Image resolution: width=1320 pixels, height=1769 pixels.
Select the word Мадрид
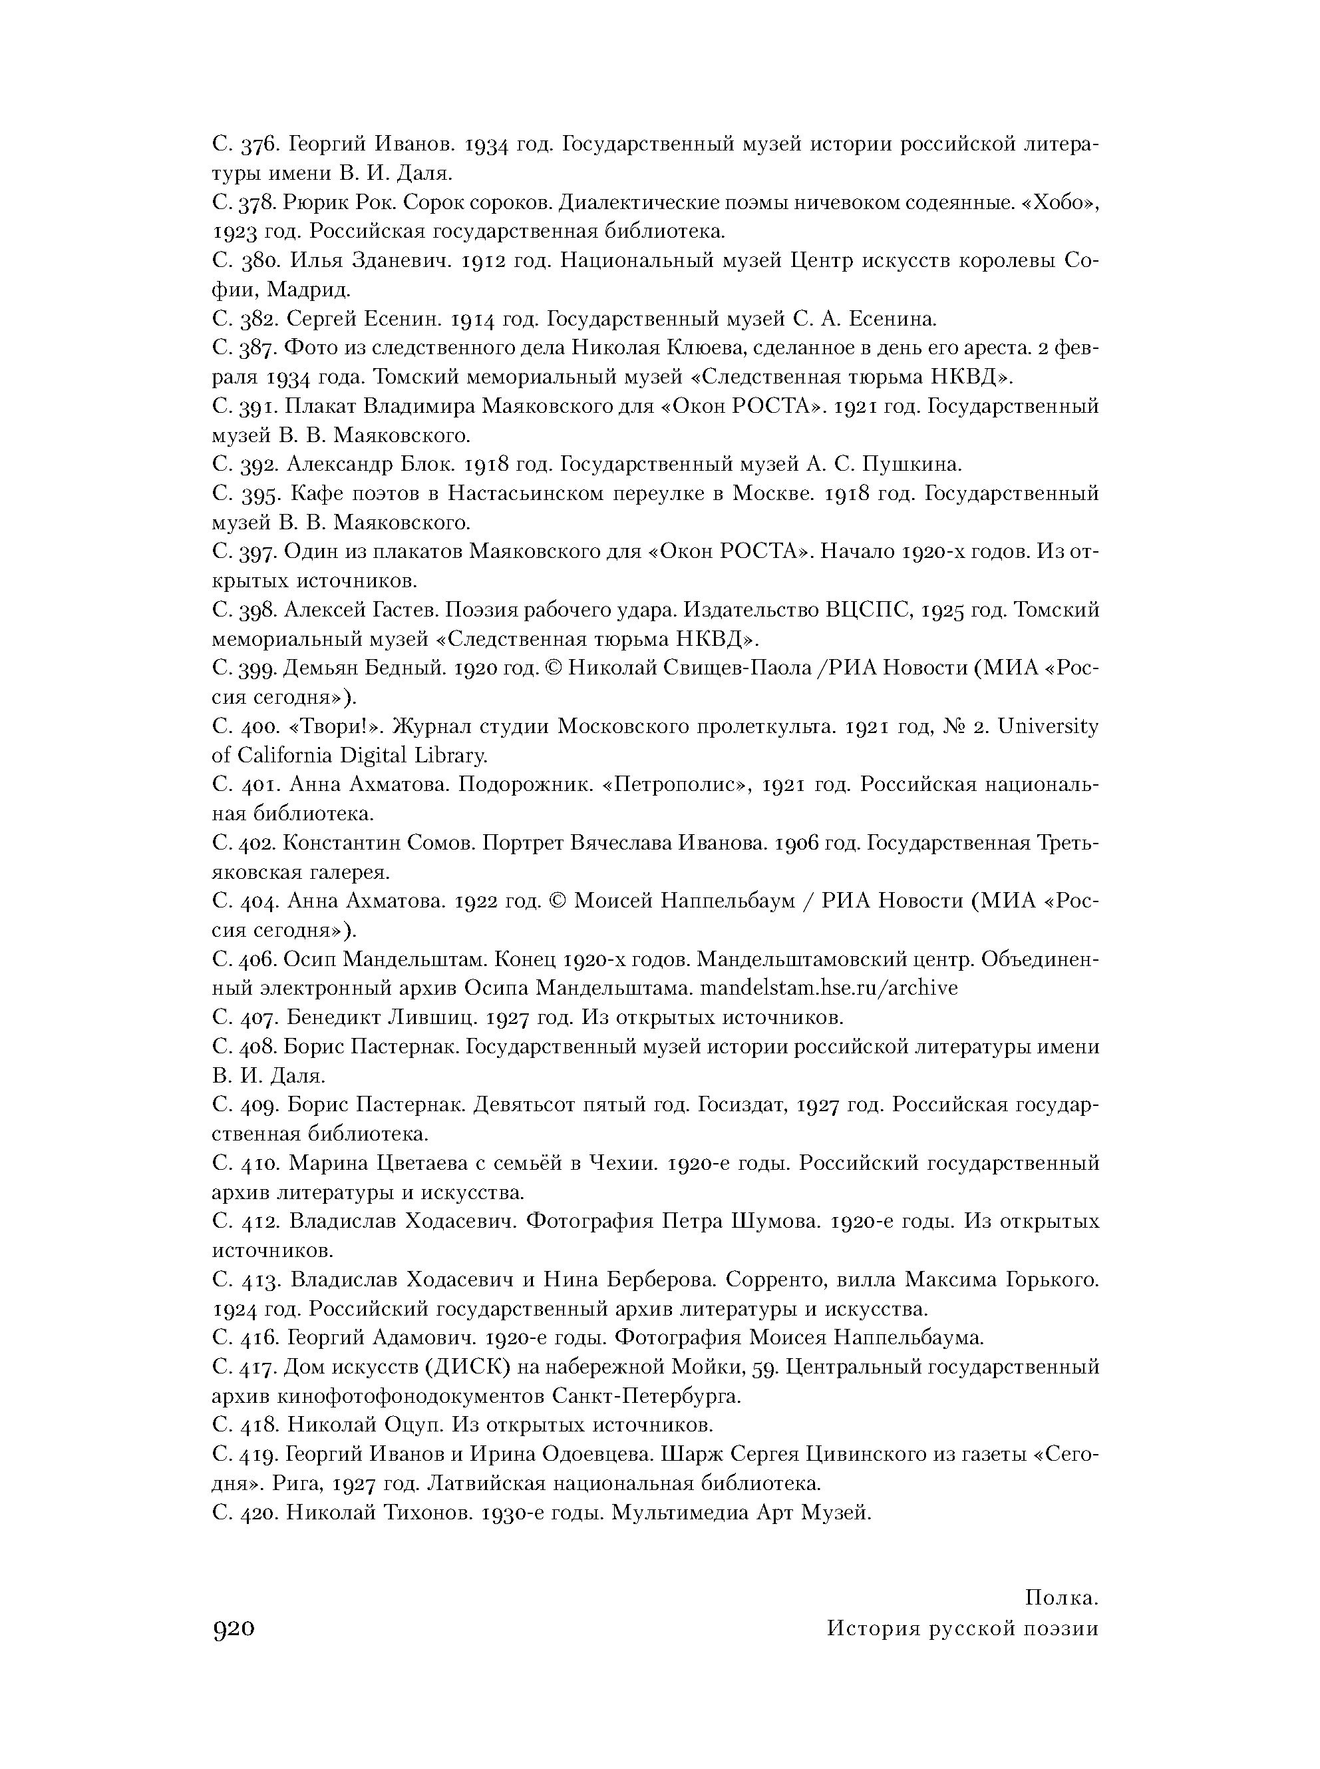click(309, 290)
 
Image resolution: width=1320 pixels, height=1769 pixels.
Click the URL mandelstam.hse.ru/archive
click(828, 988)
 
